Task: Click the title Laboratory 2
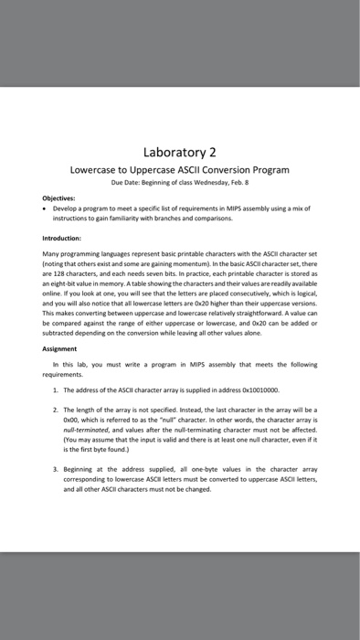pyautogui.click(x=180, y=152)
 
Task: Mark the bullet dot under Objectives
pyautogui.click(x=46, y=208)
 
